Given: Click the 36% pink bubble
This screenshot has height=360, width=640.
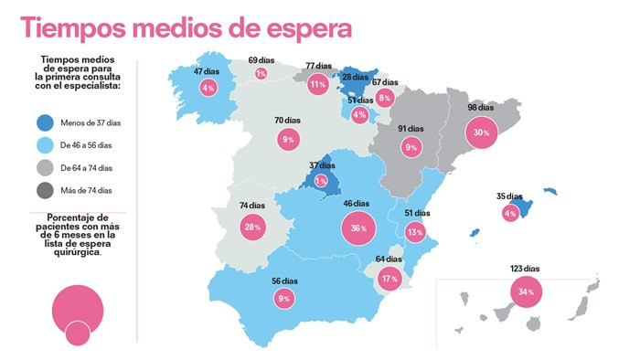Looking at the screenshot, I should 357,228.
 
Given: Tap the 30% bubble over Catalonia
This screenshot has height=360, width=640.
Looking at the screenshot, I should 479,132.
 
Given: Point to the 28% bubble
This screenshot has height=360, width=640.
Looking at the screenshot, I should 252,227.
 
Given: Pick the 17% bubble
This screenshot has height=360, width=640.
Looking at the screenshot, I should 389,279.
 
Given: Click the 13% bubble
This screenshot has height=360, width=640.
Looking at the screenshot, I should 415,232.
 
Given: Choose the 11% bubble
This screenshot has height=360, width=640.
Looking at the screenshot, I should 318,85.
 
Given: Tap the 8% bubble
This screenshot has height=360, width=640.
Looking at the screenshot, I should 385,97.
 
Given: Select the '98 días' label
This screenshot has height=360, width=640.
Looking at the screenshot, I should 481,108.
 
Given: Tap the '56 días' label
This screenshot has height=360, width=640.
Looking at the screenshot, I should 284,281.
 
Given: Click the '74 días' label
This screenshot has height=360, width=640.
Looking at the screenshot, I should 253,205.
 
